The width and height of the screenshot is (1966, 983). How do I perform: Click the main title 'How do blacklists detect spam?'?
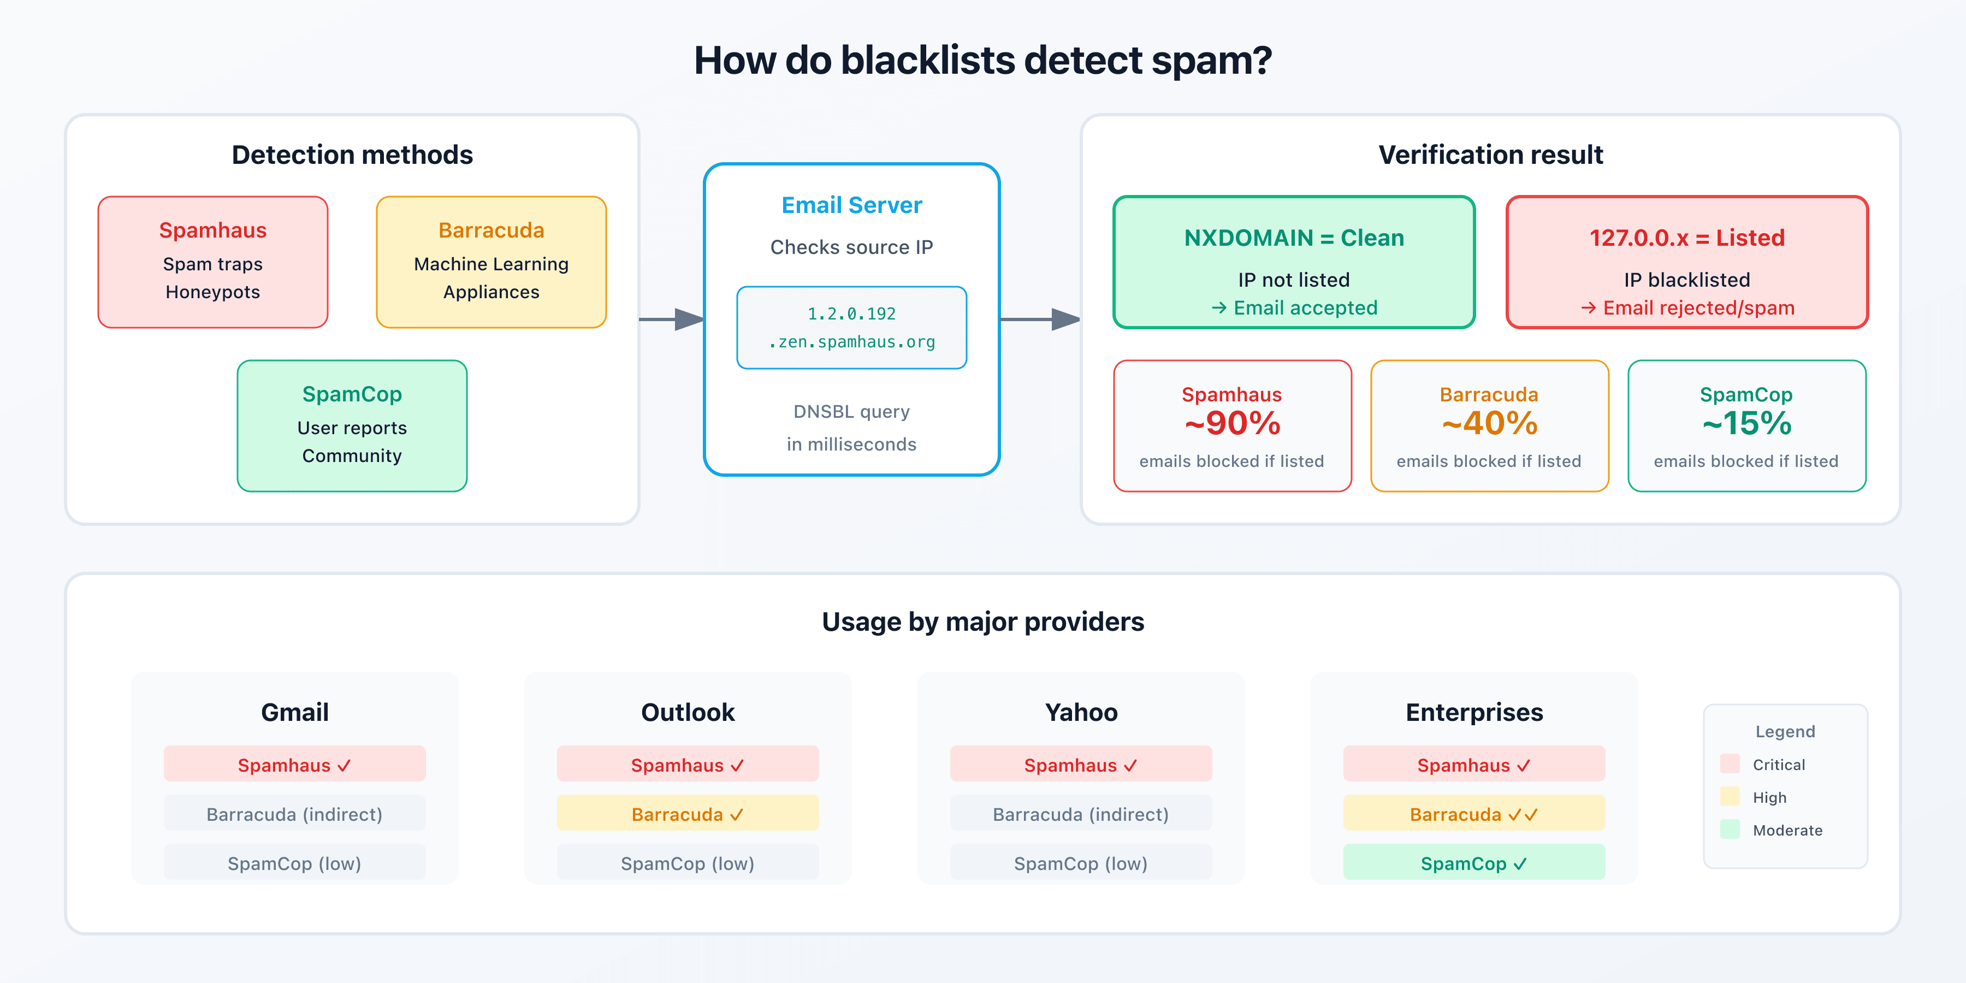[x=982, y=60]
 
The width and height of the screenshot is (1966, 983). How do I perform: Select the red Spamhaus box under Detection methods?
[x=213, y=262]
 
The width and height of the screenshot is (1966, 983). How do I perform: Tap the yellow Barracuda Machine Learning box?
[x=491, y=262]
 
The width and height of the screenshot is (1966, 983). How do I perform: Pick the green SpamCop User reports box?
[x=352, y=426]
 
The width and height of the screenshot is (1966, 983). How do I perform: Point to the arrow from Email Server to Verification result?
[x=1039, y=319]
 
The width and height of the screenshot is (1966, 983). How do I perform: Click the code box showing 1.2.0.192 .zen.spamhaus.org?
[x=852, y=328]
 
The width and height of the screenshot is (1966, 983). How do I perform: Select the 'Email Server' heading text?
[x=852, y=205]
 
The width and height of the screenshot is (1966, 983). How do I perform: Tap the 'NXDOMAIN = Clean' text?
[x=1294, y=238]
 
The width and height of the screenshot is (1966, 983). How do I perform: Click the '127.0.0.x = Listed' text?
[x=1687, y=238]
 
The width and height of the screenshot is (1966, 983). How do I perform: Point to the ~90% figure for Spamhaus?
[x=1232, y=424]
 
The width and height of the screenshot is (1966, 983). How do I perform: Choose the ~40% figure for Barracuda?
[x=1489, y=424]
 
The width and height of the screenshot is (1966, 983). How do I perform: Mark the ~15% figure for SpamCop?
[x=1746, y=424]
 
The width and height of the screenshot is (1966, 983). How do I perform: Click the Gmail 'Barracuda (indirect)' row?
[x=294, y=814]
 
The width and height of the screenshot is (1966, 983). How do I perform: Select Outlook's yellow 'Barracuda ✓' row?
[x=688, y=814]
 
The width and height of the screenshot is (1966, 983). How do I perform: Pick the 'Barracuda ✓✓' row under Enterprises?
[x=1474, y=814]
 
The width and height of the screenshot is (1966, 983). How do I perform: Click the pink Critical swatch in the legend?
[x=1730, y=763]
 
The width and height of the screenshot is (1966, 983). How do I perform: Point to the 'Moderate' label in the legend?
[x=1787, y=830]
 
